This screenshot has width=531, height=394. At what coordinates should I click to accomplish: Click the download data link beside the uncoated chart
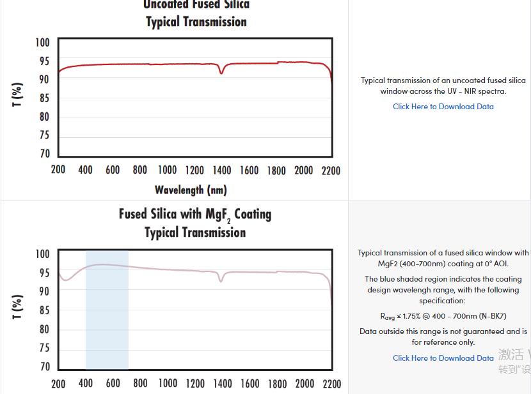[x=443, y=107]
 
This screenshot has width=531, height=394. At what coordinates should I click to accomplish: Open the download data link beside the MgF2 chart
[x=443, y=358]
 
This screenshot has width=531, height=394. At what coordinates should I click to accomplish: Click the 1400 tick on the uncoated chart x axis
[x=222, y=170]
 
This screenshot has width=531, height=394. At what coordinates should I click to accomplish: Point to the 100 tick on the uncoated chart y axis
[x=42, y=43]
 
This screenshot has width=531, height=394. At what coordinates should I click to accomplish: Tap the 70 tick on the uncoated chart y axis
[x=44, y=154]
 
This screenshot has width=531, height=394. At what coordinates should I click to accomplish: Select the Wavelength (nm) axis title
[x=191, y=190]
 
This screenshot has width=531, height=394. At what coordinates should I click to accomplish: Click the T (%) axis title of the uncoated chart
[x=18, y=95]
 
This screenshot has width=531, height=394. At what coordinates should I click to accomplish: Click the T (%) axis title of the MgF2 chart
[x=18, y=307]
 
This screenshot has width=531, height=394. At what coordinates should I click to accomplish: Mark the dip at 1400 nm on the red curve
[x=221, y=73]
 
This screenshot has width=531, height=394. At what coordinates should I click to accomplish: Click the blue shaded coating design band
[x=107, y=319]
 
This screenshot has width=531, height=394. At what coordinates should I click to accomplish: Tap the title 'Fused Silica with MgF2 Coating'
[x=195, y=214]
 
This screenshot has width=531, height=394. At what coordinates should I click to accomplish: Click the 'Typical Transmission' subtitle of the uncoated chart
[x=196, y=22]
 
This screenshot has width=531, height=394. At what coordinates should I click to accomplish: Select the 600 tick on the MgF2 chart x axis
[x=113, y=383]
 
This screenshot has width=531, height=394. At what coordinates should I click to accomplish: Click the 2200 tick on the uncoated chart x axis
[x=331, y=170]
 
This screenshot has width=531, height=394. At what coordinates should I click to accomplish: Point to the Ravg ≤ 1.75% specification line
[x=443, y=316]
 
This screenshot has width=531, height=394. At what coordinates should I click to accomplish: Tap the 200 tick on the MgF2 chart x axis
[x=58, y=383]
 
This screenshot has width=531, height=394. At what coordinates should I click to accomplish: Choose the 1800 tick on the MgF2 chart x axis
[x=277, y=383]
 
